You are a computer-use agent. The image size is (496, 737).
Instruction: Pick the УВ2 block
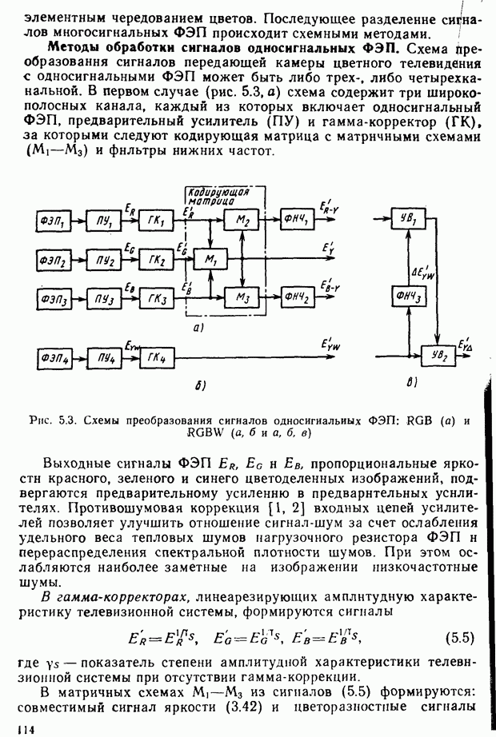pos(437,353)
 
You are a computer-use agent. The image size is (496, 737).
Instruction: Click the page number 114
pos(12,728)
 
